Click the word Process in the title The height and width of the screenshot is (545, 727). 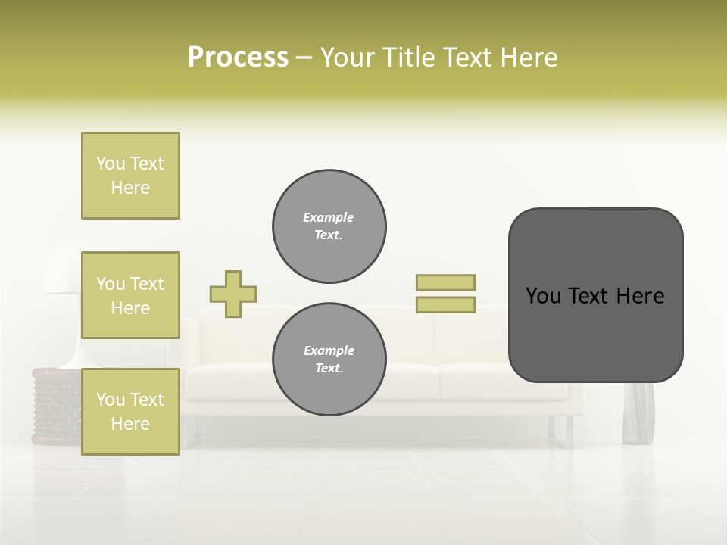(238, 58)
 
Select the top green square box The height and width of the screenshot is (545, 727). (130, 176)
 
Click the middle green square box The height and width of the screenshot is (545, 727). (130, 295)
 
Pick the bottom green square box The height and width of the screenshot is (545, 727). (130, 411)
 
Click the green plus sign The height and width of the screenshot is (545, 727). (233, 294)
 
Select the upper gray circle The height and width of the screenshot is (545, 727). (329, 226)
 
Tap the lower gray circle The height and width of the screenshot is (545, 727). (329, 360)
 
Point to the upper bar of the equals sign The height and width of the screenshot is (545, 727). (445, 282)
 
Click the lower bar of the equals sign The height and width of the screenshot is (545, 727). (445, 304)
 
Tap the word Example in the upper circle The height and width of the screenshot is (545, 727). (329, 217)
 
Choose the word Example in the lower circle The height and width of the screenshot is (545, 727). (329, 350)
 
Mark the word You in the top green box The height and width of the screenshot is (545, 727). (111, 163)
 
